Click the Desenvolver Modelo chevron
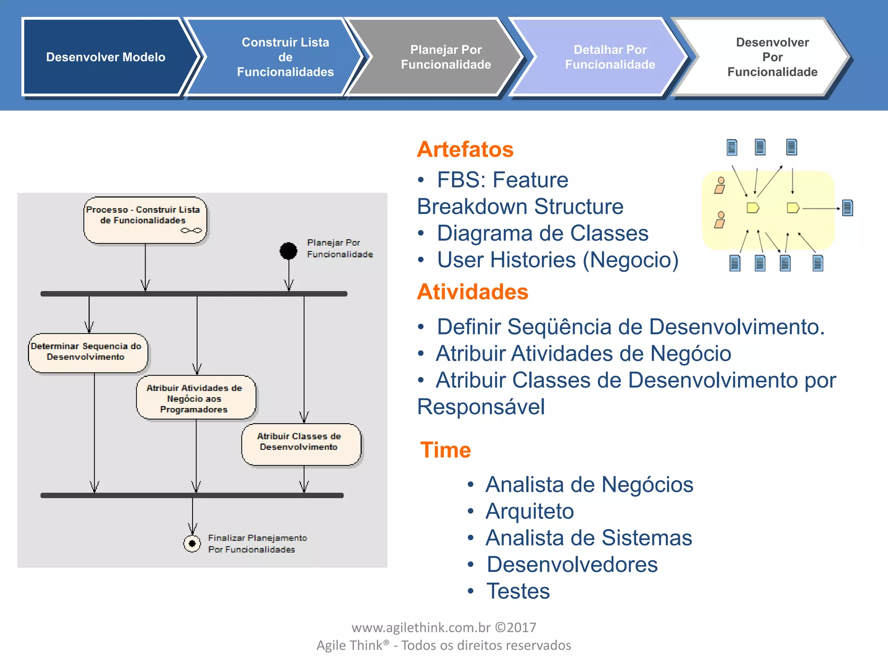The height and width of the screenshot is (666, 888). click(105, 57)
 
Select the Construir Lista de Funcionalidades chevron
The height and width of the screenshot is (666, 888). click(285, 57)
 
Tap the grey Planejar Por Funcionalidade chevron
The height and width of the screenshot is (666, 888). click(445, 57)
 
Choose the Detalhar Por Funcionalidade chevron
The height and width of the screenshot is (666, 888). click(610, 57)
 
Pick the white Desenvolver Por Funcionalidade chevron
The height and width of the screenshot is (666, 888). click(772, 57)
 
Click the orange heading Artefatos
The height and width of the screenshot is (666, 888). click(465, 149)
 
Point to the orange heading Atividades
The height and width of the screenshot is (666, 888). click(472, 291)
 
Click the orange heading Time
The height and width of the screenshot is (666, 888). click(445, 450)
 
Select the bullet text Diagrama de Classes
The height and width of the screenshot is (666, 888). click(542, 233)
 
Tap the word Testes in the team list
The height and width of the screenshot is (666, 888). click(518, 591)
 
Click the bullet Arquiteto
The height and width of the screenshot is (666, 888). click(529, 511)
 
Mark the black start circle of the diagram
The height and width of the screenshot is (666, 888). click(288, 251)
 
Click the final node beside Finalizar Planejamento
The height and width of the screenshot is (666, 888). click(192, 543)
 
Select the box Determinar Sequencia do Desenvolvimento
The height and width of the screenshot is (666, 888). click(88, 353)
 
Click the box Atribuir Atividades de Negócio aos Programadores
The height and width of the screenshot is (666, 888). click(196, 398)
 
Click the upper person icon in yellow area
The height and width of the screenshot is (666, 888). click(720, 185)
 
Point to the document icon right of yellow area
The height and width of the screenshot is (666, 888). click(847, 208)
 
